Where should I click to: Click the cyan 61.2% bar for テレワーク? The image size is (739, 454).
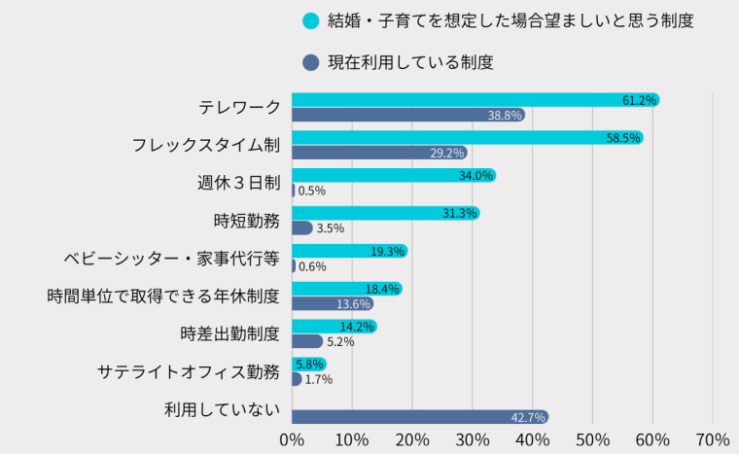(475, 99)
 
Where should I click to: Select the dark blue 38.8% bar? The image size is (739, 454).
(408, 115)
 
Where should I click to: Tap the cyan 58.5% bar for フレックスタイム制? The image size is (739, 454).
(467, 137)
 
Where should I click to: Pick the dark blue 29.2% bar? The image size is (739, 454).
(379, 153)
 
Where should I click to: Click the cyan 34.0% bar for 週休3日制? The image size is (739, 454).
(394, 175)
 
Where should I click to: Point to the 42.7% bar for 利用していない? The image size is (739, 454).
(420, 417)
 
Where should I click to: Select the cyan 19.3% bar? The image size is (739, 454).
(349, 251)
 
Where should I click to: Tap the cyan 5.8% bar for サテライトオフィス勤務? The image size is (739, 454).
(309, 365)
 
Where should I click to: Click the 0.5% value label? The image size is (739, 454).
(312, 191)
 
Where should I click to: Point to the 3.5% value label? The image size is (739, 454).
(331, 228)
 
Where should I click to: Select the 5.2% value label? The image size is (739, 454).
(340, 342)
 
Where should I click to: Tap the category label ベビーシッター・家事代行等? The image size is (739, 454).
(171, 259)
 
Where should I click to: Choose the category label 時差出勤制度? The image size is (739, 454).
(229, 334)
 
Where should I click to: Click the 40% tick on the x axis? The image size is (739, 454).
(533, 439)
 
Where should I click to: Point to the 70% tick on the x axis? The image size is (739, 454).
(713, 439)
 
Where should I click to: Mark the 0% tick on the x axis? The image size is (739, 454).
(292, 439)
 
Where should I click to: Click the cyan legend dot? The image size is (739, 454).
(311, 20)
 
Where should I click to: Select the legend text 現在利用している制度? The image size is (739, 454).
(410, 62)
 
